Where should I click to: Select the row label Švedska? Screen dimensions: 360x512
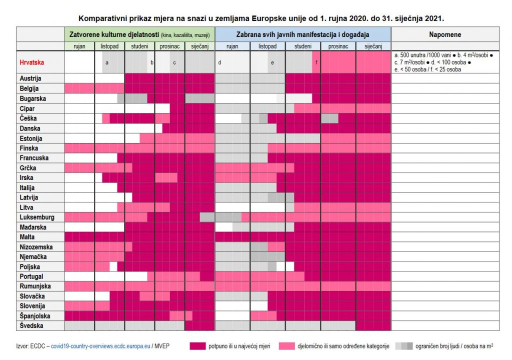point(31,325)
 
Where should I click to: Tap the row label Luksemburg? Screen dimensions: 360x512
point(37,217)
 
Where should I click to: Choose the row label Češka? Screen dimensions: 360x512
point(29,118)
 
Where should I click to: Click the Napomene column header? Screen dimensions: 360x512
point(445,35)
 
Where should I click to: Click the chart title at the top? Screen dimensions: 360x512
point(261,18)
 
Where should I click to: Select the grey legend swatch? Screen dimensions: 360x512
point(404,345)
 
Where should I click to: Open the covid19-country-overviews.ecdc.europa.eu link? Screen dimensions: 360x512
point(101,345)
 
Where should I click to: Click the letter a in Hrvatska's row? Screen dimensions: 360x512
point(106,62)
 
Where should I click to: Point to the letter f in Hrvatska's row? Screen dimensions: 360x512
point(316,62)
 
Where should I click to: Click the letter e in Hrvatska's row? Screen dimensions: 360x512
point(272,62)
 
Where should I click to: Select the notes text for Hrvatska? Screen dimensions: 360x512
point(444,62)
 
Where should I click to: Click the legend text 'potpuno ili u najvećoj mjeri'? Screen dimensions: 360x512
point(239,345)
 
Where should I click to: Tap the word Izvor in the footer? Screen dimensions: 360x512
point(22,345)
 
